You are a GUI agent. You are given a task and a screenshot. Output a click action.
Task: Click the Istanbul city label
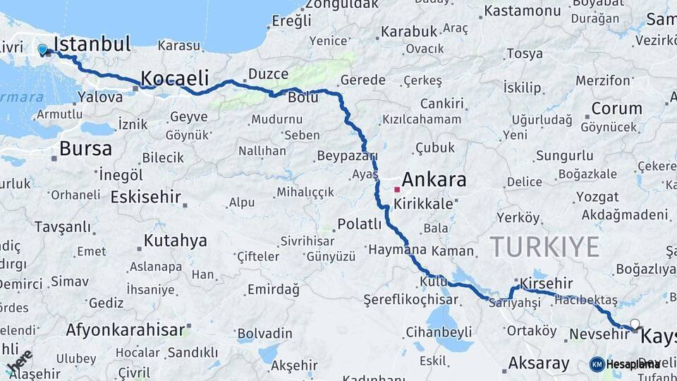(x=92, y=44)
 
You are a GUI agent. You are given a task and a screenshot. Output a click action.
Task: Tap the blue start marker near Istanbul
(x=43, y=49)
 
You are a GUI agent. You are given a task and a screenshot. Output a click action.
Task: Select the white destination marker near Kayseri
(x=635, y=325)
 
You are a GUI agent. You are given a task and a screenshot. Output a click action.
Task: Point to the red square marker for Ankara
(x=397, y=189)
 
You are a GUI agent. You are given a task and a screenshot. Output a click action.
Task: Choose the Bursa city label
(x=85, y=148)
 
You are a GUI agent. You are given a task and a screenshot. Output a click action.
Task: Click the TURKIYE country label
(x=544, y=247)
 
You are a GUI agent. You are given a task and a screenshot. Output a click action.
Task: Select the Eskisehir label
(x=145, y=197)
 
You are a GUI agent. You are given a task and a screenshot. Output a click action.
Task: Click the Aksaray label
(x=539, y=363)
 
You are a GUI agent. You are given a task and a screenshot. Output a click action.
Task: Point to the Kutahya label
(x=175, y=241)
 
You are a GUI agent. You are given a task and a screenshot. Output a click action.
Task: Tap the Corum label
(x=616, y=109)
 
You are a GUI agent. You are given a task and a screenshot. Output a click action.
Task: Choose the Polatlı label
(x=360, y=224)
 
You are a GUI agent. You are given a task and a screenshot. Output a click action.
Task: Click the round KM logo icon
(x=597, y=364)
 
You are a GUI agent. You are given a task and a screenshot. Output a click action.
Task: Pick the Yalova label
(x=100, y=97)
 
